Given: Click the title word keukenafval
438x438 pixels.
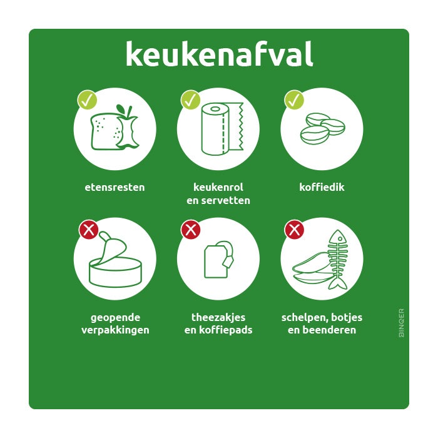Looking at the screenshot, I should coord(219,54).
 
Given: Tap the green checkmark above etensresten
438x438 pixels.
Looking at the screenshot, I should coord(87,99).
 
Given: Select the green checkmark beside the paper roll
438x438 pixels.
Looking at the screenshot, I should coord(190,99).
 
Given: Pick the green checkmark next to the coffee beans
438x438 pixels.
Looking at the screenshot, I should coord(294,99).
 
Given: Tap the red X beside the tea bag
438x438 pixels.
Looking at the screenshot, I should coord(190,230).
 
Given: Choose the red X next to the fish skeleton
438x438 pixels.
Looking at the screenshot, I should coord(294,230).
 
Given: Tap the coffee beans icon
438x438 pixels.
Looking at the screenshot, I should coord(322,128).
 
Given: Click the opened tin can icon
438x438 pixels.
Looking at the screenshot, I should coord(116,263).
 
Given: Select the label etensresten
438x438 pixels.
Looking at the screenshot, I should coord(115,187).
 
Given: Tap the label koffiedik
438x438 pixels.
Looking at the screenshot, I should coord(322,187).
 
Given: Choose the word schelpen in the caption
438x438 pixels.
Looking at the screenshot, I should coord(302,317).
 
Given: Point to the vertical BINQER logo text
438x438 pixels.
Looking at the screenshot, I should coord(401,323).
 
